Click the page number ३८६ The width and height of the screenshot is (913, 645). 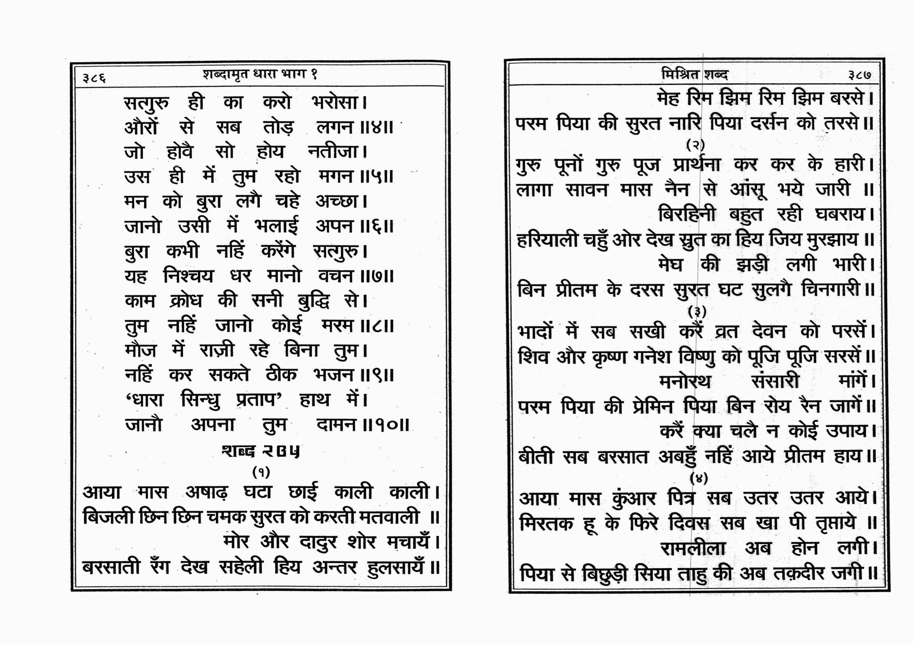click(94, 77)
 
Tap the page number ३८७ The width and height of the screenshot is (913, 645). click(859, 75)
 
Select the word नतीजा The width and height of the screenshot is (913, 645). click(333, 152)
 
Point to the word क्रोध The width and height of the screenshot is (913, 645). click(186, 301)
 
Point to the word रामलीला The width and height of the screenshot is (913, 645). click(693, 549)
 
